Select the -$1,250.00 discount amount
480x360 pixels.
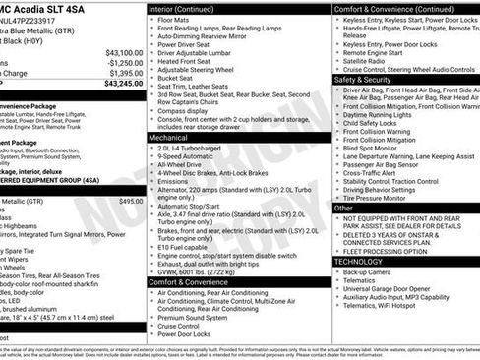[x=124, y=62]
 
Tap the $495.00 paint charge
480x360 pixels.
[x=130, y=201]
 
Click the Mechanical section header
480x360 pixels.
[x=168, y=139]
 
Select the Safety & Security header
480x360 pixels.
[x=363, y=79]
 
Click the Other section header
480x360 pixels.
[x=343, y=208]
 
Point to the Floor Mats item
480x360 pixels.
[x=174, y=19]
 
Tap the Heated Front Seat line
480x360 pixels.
[x=186, y=62]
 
